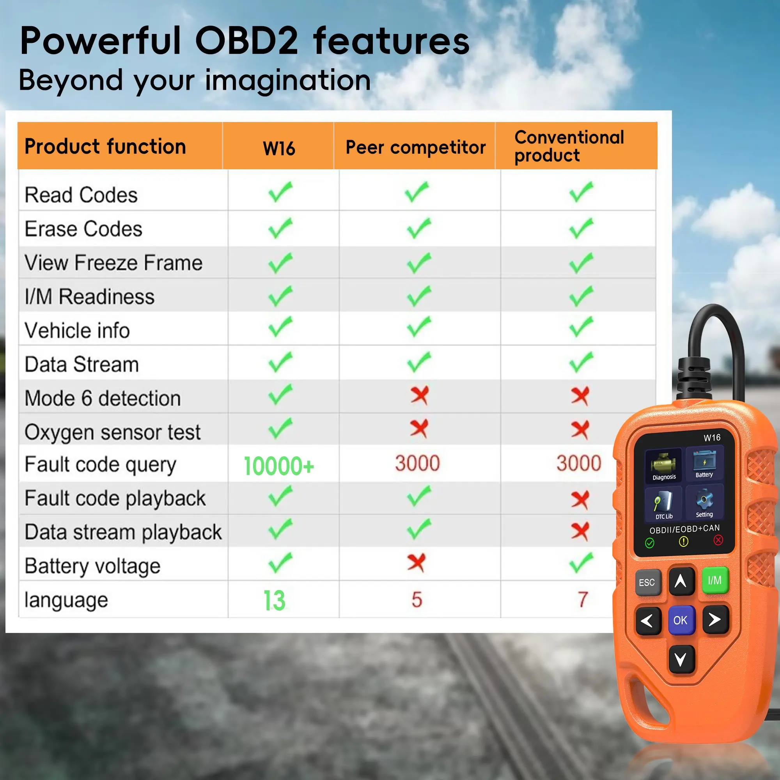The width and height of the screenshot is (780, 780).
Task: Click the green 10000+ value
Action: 278,466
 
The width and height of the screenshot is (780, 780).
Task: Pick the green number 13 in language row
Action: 274,600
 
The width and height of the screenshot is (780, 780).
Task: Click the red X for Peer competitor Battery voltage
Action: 416,562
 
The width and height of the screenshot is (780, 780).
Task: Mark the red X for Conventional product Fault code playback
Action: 580,500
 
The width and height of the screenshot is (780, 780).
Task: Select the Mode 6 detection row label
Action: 103,398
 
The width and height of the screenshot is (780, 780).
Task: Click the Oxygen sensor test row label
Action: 113,433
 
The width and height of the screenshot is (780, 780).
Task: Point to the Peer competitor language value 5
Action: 417,599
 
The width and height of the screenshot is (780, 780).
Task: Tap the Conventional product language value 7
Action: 583,599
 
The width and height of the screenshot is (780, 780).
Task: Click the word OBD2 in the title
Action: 247,41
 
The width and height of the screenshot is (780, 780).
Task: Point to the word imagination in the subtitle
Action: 288,80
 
